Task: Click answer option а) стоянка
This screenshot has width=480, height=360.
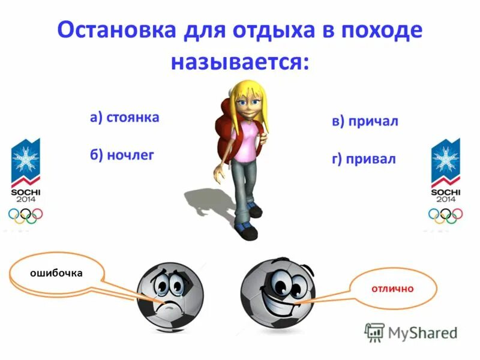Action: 124,116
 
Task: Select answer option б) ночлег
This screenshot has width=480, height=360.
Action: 122,155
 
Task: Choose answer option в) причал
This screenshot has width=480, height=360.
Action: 365,121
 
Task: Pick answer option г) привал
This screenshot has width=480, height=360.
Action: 364,160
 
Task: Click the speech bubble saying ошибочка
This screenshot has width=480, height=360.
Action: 57,273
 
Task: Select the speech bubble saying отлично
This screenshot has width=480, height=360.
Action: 392,289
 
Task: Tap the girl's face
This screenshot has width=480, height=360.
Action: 247,104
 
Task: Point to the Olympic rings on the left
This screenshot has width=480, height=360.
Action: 25,215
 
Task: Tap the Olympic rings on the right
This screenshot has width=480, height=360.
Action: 445,215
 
